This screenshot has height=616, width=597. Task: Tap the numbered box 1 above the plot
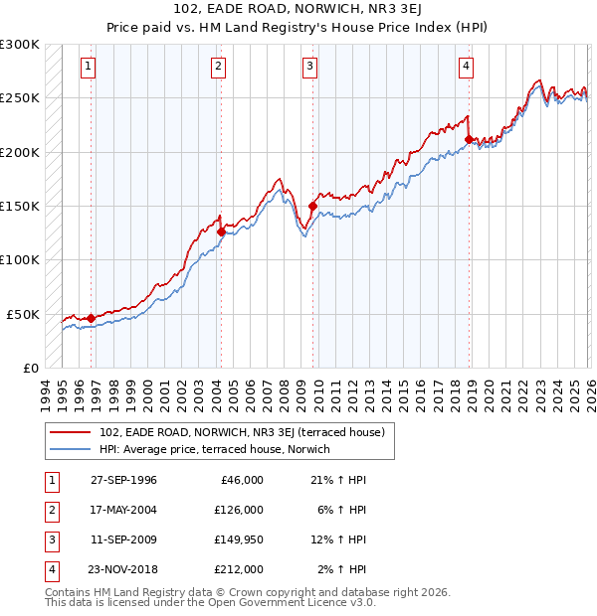89,67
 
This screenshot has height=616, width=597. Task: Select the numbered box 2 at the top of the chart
218,67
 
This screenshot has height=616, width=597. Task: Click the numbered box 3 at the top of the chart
310,67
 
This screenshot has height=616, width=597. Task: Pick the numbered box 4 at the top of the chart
466,67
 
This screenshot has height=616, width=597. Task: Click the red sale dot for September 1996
92,318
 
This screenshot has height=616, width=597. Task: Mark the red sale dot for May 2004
221,231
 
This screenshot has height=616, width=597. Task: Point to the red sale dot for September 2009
312,207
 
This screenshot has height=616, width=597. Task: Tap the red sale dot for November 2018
469,139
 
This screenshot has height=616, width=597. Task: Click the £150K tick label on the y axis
20,206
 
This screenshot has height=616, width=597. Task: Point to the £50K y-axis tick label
23,314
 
